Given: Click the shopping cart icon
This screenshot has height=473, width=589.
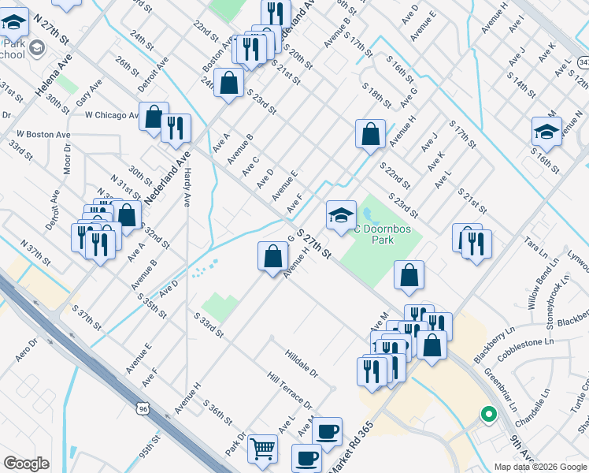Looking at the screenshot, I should click(x=263, y=449).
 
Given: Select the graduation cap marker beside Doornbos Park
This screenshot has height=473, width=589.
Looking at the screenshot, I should click(x=341, y=215).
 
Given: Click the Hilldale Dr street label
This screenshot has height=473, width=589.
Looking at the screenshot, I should click(x=302, y=363).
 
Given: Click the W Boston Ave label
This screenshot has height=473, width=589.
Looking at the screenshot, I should click(x=43, y=135).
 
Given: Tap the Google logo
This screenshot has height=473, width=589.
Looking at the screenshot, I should click(x=26, y=464).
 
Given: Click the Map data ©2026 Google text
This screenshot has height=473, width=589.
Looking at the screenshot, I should click(x=540, y=467).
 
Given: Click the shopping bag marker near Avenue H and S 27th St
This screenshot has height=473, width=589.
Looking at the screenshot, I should click(x=272, y=256).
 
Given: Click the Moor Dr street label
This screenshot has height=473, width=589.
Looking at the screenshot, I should click(x=68, y=158).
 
